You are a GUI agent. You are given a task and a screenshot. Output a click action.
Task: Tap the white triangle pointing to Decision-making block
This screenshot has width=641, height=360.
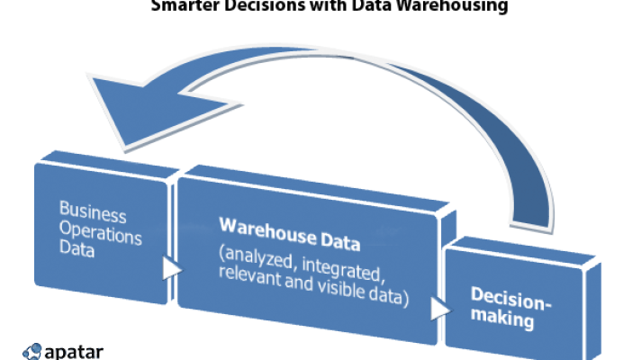[438, 309]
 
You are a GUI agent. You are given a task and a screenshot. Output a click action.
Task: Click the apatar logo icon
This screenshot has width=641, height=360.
[32, 351]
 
